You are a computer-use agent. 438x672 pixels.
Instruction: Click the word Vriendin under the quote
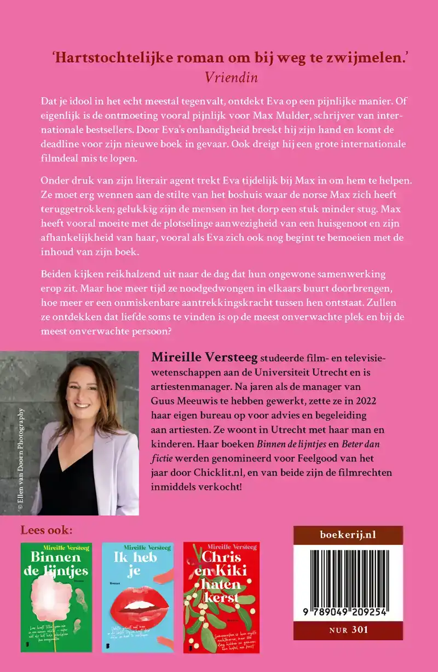(232, 77)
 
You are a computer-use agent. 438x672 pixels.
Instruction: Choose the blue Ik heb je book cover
(137, 597)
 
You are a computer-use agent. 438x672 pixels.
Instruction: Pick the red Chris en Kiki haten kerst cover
(221, 597)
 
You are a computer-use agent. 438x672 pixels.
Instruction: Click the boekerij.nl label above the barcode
(348, 535)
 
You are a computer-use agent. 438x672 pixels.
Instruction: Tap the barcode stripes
(348, 580)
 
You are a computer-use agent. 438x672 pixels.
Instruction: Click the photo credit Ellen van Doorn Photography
(21, 460)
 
